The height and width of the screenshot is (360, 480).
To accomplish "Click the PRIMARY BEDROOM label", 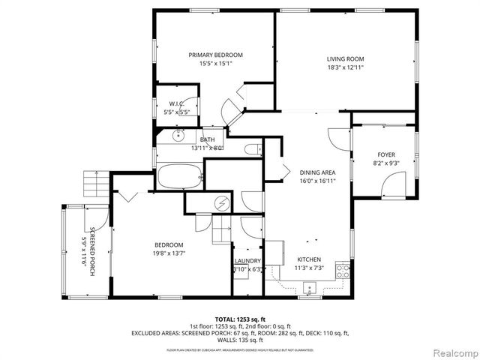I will [x=215, y=55].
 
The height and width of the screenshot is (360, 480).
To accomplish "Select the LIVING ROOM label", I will [x=345, y=59].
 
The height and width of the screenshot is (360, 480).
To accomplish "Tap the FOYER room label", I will [x=385, y=154].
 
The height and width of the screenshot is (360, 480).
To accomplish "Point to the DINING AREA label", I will [x=317, y=172].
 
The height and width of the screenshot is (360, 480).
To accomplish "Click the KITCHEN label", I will [x=308, y=259].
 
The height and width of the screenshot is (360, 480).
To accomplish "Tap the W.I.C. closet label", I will [x=176, y=103].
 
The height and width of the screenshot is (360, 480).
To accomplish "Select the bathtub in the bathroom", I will [x=180, y=178].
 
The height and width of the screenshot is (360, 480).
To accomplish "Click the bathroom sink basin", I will [x=179, y=136].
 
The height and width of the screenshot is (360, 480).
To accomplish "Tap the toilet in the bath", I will [x=253, y=148].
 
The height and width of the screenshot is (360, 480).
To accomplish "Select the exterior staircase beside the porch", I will [x=96, y=182].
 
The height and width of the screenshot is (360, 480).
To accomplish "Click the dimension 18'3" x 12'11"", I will [x=345, y=67].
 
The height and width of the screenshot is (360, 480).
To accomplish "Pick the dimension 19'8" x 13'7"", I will [x=169, y=253].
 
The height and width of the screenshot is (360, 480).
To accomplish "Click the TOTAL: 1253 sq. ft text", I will [x=241, y=319].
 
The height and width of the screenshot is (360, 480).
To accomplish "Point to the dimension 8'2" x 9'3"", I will [x=385, y=163].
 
